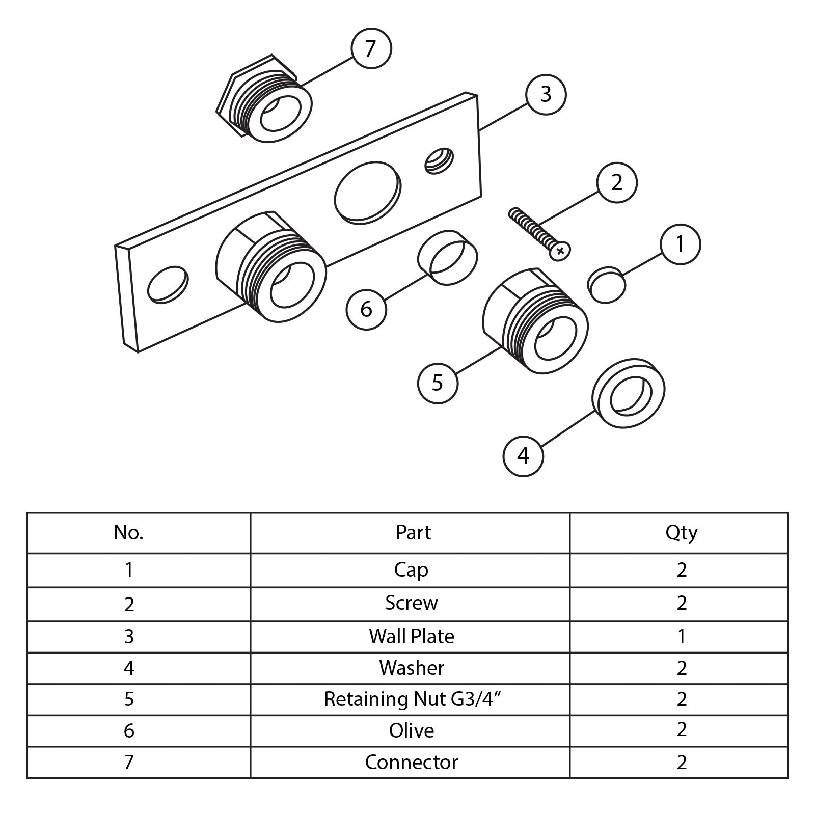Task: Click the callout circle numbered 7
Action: pos(371,48)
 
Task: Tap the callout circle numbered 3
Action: pos(546,94)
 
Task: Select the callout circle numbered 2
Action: pos(616,182)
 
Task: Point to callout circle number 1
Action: pos(680,244)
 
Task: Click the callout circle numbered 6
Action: pos(366,309)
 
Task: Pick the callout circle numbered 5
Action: pos(438,383)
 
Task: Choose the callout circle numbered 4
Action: pos(523,456)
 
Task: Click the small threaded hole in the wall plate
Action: pos(439,160)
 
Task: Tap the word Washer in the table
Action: pos(412,668)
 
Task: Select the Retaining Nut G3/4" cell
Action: pos(412,699)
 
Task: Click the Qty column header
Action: pos(681,533)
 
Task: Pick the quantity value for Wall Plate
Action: pos(682,636)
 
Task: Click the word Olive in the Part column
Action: pos(412,731)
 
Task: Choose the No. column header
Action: pos(129,533)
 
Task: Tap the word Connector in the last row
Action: pos(412,763)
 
